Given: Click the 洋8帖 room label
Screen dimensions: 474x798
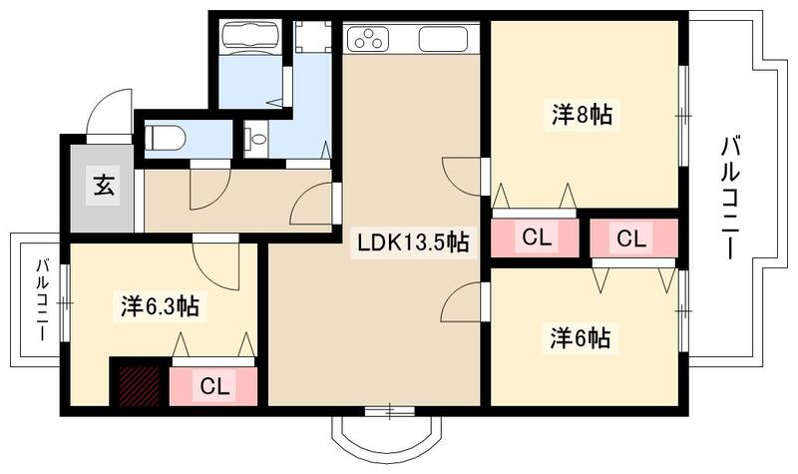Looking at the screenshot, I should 582,116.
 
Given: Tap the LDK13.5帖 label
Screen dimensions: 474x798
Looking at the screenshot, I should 408,242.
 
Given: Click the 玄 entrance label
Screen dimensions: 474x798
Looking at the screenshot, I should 102,185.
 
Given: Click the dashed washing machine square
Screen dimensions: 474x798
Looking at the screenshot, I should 313,39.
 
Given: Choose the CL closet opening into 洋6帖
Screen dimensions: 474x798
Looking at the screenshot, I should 630,238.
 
